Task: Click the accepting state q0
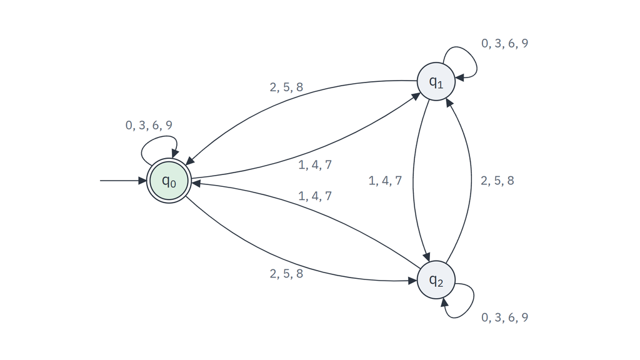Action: click(x=169, y=181)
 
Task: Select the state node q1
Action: click(x=436, y=81)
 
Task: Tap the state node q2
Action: click(x=436, y=279)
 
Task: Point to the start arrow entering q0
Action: click(x=123, y=181)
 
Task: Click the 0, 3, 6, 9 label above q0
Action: click(x=149, y=125)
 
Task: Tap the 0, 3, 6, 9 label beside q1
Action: click(x=504, y=43)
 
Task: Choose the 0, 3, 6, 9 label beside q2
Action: click(x=504, y=317)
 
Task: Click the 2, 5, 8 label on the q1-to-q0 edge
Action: click(x=286, y=87)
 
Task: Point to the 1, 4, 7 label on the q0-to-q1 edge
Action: click(x=315, y=164)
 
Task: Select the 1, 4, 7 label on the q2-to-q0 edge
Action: click(x=315, y=196)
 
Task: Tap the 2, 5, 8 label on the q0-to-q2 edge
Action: click(x=286, y=274)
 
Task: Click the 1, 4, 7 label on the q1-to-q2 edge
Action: click(x=385, y=181)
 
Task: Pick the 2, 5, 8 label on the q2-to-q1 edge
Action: click(x=497, y=181)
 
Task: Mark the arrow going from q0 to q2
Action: click(x=286, y=260)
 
